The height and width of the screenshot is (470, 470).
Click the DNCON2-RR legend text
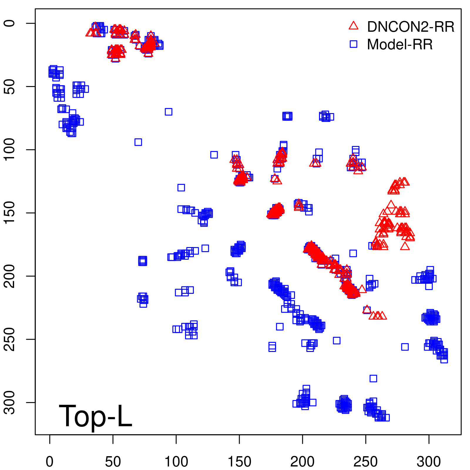tap(410, 27)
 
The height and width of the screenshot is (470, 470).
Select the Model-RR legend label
tap(399, 45)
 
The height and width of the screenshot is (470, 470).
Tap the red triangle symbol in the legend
tap(353, 26)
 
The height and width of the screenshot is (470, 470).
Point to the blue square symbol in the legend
tap(353, 44)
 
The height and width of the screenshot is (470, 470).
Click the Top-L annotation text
tap(95, 416)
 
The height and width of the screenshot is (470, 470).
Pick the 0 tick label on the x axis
tap(50, 462)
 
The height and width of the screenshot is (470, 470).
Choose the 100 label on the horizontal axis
tap(176, 462)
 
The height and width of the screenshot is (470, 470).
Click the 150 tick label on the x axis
tap(239, 462)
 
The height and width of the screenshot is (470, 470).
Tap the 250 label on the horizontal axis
tap(366, 462)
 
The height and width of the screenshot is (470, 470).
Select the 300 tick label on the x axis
tap(429, 462)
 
